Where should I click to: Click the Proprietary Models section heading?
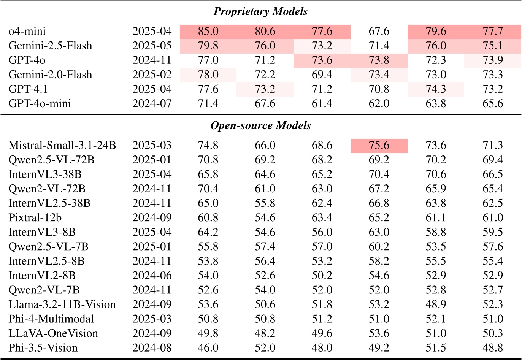pos(260,11)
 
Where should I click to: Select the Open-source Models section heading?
pos(260,126)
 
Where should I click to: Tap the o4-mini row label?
pos(27,31)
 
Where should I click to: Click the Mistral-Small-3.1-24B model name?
pos(62,146)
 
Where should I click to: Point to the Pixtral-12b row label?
pos(35,218)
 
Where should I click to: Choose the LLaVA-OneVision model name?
pos(53,333)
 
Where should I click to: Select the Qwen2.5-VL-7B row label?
pos(48,247)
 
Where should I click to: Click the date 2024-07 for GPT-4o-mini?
pos(152,103)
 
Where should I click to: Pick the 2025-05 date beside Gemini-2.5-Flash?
pos(152,46)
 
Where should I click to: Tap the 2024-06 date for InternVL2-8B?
pos(152,276)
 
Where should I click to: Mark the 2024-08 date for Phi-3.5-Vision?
pos(152,348)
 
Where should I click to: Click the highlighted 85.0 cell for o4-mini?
pos(208,31)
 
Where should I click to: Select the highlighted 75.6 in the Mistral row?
pos(379,146)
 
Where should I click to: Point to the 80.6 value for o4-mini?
pos(265,31)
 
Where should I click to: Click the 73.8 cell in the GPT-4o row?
pos(379,60)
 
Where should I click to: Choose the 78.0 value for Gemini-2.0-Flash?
pos(208,75)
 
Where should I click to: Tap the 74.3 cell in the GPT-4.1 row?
pos(436,89)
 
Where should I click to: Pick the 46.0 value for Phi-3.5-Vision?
pos(208,348)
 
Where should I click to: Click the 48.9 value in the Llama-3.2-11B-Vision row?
pos(436,304)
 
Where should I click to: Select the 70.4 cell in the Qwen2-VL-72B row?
pos(208,189)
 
